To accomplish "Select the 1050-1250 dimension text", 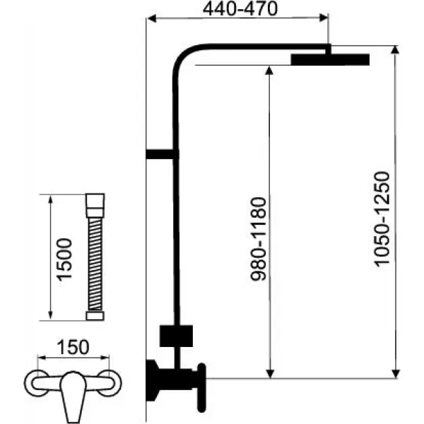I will point(382,220).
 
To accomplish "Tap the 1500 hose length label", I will point(65,259).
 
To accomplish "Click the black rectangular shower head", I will point(329,59).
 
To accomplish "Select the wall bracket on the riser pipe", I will point(161,153).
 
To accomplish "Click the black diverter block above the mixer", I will point(177,335).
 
